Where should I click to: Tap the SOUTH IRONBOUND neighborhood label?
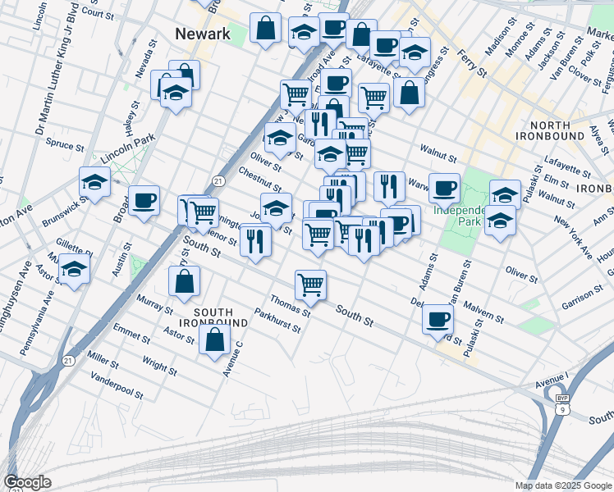(213, 318)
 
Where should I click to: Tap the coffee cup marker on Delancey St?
(438, 319)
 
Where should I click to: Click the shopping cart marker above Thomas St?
(310, 285)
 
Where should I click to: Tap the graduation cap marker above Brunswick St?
(94, 183)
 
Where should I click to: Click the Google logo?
(27, 482)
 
